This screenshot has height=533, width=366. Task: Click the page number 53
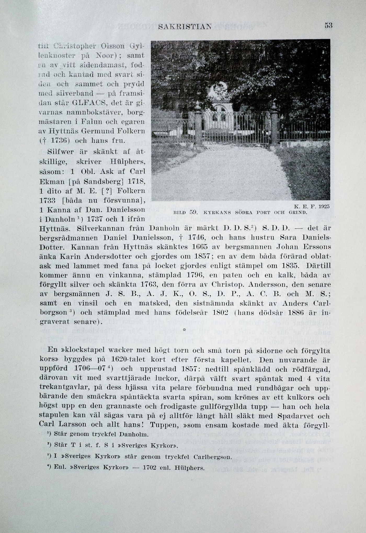328,25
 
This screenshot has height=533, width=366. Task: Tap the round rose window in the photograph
220,89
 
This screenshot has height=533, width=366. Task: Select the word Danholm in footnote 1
134,434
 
